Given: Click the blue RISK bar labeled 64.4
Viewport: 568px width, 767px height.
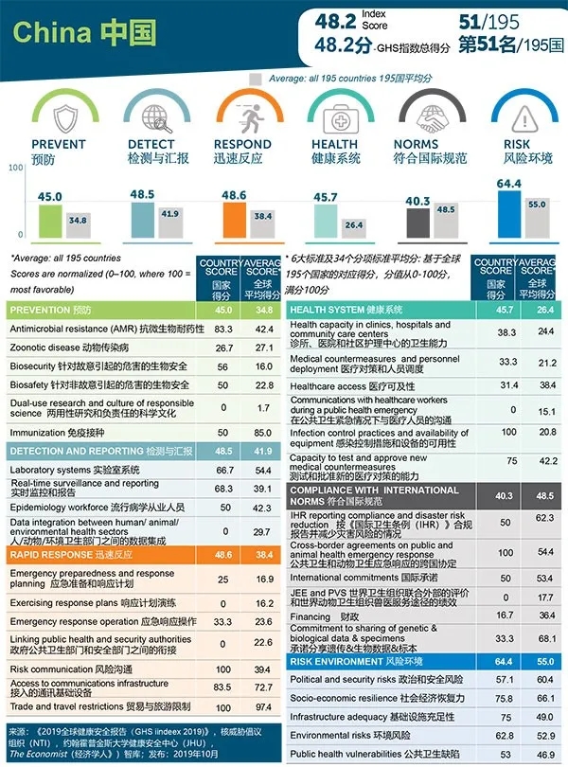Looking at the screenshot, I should click(508, 213).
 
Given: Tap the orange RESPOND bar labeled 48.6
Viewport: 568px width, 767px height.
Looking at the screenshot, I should click(233, 219).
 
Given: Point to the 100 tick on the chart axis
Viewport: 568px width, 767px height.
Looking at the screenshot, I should click(15, 168).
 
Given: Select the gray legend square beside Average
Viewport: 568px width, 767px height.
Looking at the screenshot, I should click(255, 79).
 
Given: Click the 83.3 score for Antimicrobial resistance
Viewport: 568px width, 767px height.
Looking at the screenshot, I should click(223, 329).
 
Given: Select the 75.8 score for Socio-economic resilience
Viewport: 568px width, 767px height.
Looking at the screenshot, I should click(505, 698).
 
